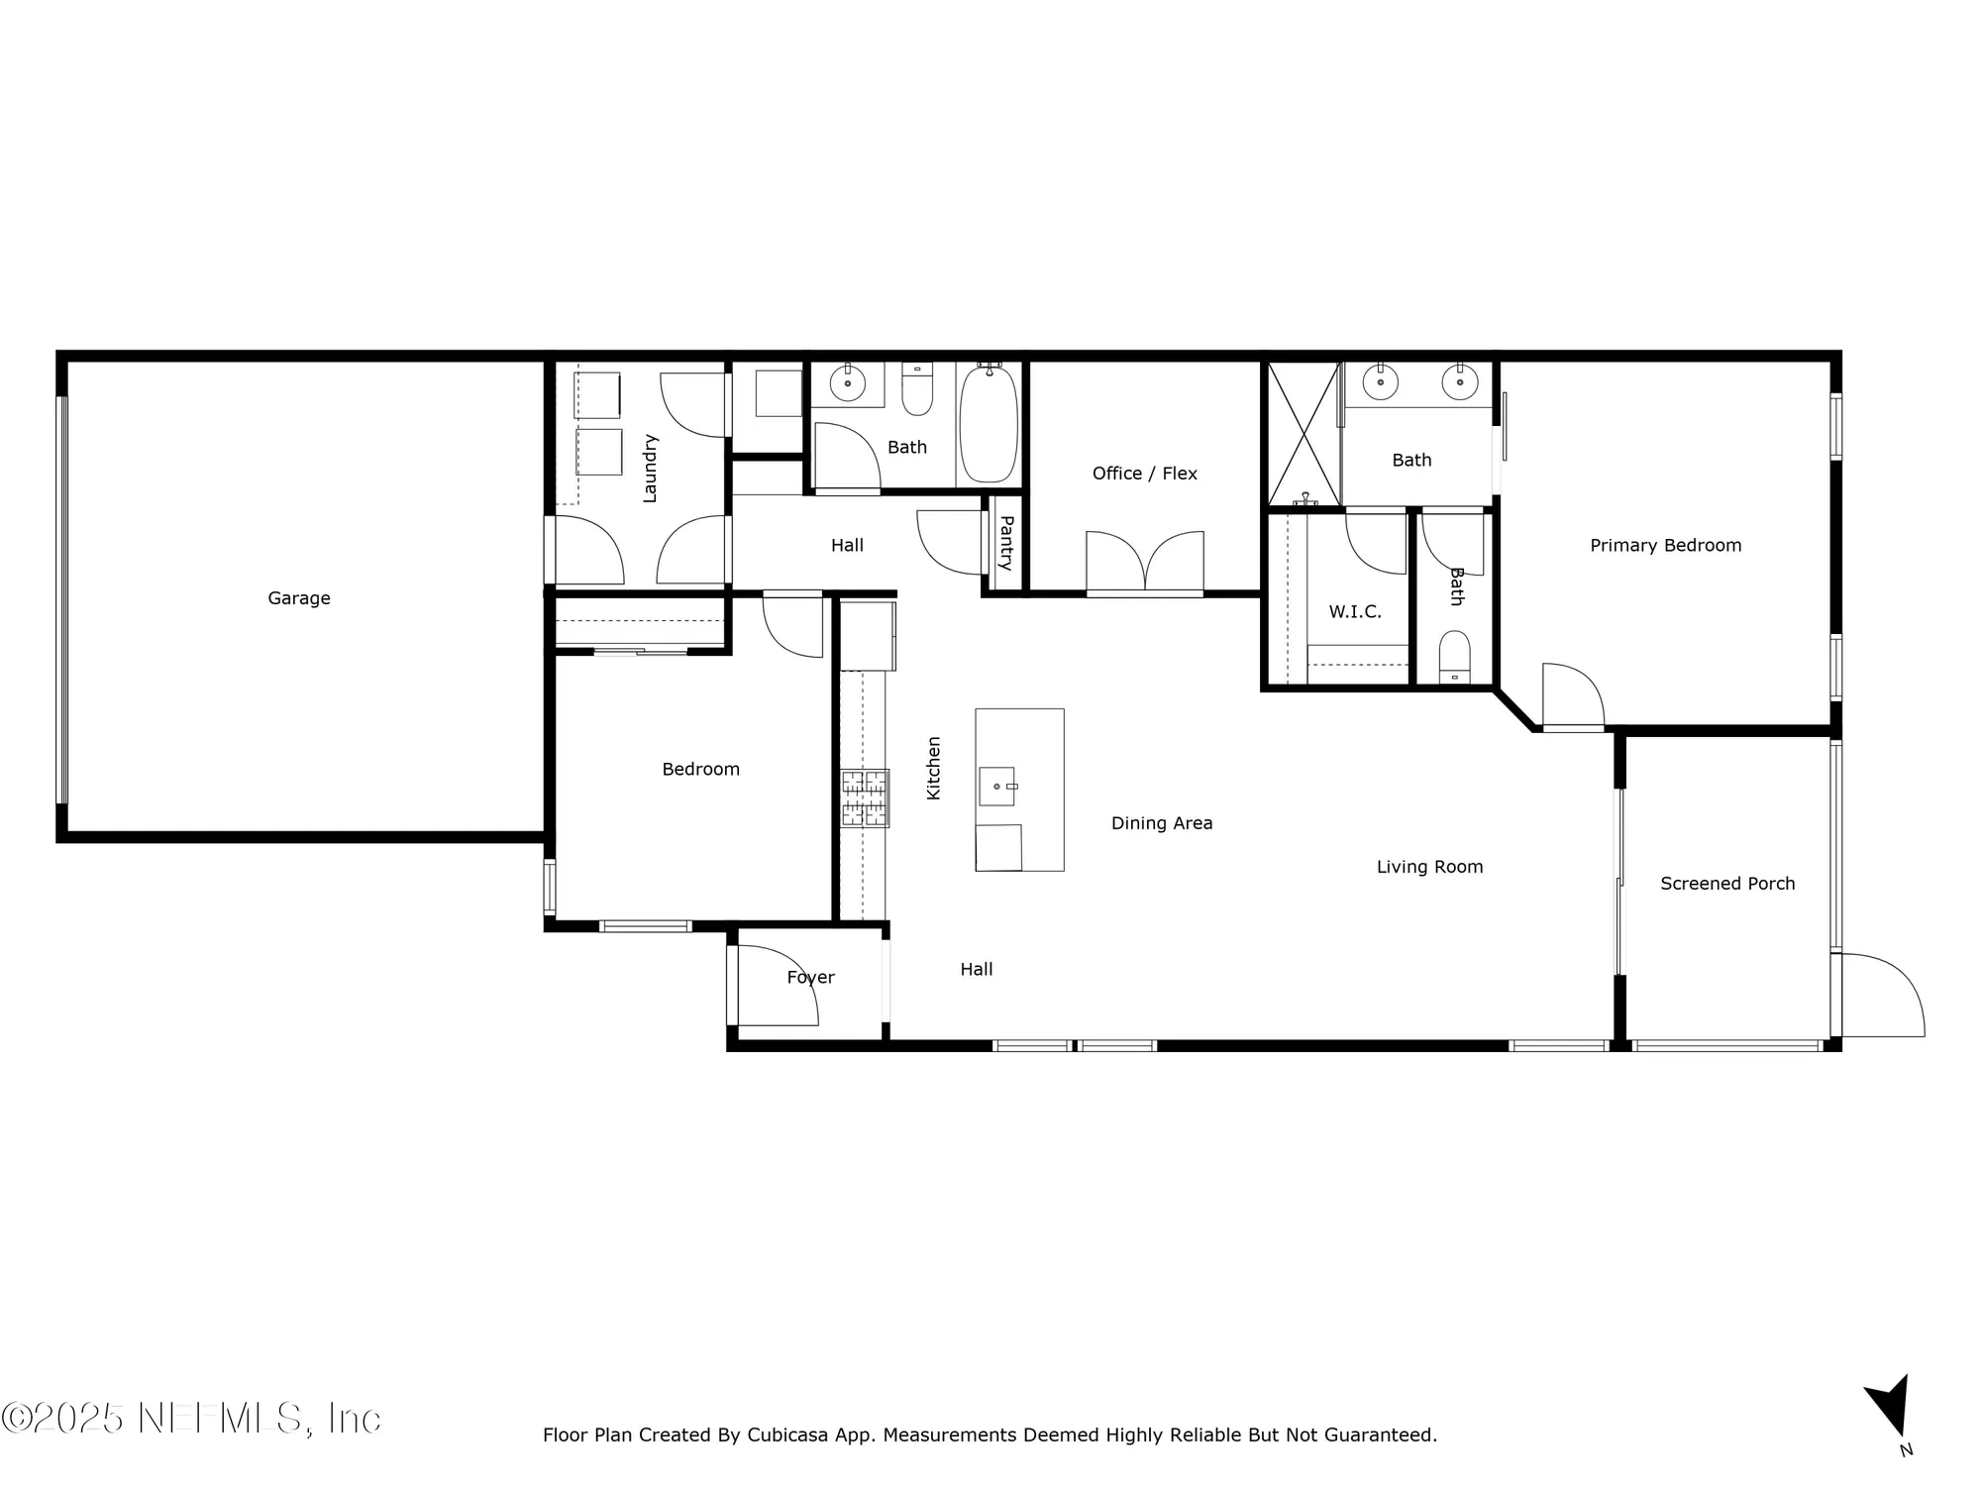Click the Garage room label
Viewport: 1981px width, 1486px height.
(x=299, y=598)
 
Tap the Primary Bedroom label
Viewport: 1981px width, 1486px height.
(x=1665, y=546)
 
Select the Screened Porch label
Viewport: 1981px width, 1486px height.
(x=1727, y=884)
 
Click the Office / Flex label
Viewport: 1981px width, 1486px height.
(x=1144, y=474)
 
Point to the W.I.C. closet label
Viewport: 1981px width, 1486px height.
(x=1354, y=612)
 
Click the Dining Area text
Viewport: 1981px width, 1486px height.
(x=1161, y=823)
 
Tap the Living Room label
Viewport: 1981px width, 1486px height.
(x=1429, y=867)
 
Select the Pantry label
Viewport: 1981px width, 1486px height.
(x=1005, y=543)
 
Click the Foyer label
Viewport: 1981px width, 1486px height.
(x=810, y=978)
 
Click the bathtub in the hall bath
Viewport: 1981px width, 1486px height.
(x=988, y=424)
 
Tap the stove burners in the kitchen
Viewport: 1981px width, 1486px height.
(x=865, y=798)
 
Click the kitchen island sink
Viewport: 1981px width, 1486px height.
(x=997, y=787)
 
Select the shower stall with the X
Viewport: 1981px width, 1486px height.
(x=1303, y=434)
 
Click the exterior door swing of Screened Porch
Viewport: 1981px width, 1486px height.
(x=1882, y=996)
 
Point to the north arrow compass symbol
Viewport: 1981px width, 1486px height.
(x=1889, y=1407)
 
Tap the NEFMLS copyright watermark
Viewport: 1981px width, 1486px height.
(x=190, y=1419)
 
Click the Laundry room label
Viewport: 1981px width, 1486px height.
(x=650, y=468)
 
